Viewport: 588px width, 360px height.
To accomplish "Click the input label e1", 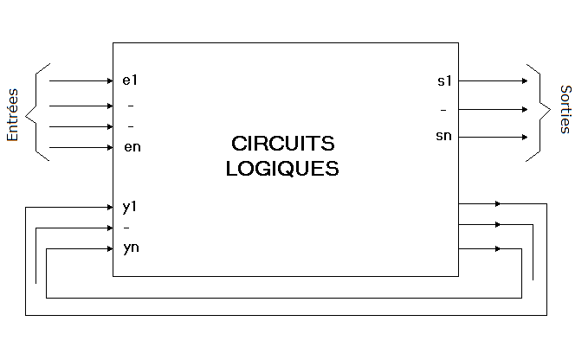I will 131,81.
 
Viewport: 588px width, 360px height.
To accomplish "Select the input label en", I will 132,147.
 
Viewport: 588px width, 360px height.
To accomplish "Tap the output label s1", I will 444,81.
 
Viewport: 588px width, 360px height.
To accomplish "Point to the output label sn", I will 444,137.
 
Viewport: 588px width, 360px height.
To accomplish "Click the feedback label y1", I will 131,208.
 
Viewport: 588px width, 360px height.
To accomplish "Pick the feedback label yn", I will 132,249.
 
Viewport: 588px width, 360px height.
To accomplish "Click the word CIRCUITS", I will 282,144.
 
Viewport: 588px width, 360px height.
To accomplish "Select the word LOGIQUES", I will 282,169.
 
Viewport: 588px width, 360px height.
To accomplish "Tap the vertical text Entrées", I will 13,114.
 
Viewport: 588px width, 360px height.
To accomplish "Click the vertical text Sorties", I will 565,109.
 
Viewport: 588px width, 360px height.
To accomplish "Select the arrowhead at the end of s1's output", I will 524,80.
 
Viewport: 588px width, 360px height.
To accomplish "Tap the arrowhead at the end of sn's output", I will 524,137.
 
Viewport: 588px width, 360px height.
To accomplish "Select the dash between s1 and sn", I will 443,110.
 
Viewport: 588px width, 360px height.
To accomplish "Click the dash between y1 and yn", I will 128,228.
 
